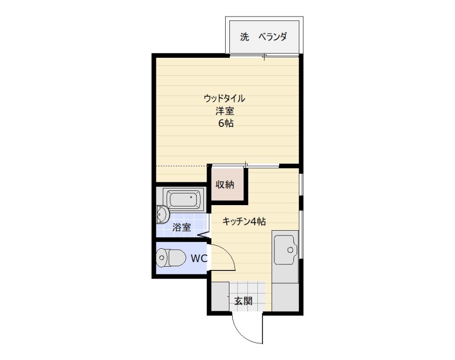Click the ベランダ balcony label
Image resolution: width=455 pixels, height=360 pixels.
(x=273, y=37)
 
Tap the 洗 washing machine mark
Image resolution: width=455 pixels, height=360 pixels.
(x=245, y=37)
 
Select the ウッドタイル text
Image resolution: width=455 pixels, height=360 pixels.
(x=224, y=99)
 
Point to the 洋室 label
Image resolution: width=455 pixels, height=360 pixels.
(x=225, y=111)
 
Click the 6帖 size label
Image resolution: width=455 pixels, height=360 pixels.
(x=226, y=123)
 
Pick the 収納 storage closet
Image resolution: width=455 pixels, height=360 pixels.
(x=227, y=184)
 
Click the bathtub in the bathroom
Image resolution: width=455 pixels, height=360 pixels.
(x=184, y=199)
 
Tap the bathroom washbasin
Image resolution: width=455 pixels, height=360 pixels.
(x=162, y=215)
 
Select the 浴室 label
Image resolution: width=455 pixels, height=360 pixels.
(x=182, y=227)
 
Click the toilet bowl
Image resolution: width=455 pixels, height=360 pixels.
(x=171, y=258)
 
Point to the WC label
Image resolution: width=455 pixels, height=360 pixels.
(x=199, y=258)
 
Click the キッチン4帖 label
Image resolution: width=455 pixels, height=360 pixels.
(x=244, y=222)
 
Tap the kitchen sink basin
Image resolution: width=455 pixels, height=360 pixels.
(x=286, y=250)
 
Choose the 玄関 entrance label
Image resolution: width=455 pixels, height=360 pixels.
(x=243, y=301)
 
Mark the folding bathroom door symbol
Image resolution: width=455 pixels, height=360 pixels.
(x=204, y=235)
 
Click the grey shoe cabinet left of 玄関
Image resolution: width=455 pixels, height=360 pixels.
(x=220, y=297)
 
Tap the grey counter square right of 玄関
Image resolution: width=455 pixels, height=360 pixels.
(x=285, y=297)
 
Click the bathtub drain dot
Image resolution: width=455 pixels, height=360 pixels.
(x=191, y=197)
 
